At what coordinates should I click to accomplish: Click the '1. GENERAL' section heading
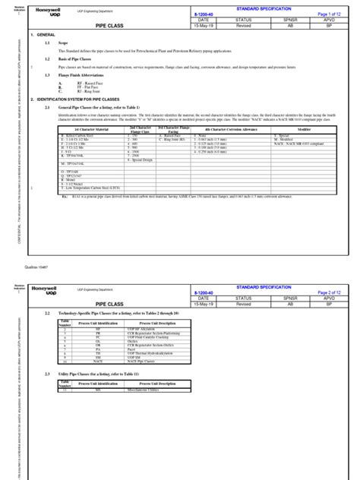click(45, 36)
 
